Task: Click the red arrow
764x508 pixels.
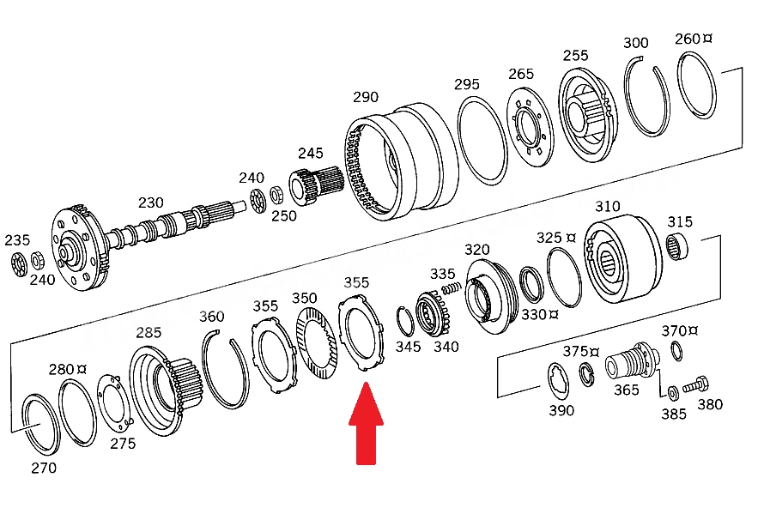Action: [366, 424]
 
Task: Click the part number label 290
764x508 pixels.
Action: [366, 97]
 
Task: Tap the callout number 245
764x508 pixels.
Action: [311, 153]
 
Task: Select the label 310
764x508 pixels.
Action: [608, 206]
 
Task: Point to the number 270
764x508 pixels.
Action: [44, 468]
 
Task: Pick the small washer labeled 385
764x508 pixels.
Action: [672, 392]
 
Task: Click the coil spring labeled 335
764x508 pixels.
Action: [451, 288]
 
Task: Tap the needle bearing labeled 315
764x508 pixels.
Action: [676, 246]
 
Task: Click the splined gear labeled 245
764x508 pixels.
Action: [317, 185]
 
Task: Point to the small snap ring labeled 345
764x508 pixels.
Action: [405, 322]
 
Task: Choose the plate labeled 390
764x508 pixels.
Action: [558, 381]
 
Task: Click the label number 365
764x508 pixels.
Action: [626, 390]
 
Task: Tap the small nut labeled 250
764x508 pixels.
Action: [276, 196]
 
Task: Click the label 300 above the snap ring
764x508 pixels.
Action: [636, 43]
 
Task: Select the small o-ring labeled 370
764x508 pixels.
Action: [676, 351]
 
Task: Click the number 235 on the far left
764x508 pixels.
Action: [17, 240]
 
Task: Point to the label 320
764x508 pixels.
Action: [477, 250]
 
